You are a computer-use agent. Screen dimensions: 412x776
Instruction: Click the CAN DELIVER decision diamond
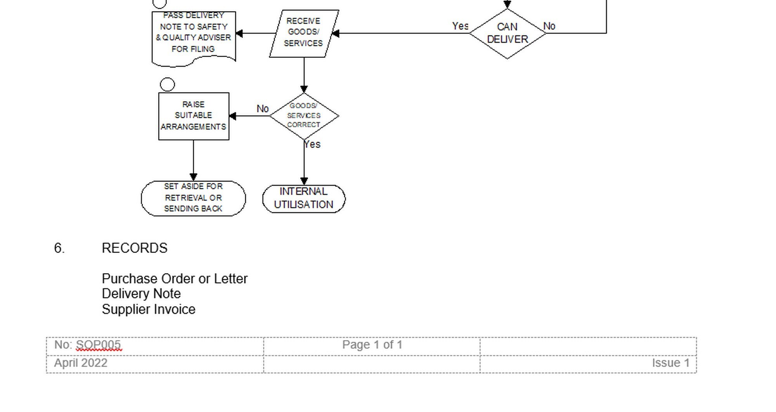tap(507, 33)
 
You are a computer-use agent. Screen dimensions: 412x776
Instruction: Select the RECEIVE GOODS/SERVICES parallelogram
tap(304, 33)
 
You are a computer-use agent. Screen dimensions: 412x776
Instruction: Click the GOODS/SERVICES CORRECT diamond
tap(304, 116)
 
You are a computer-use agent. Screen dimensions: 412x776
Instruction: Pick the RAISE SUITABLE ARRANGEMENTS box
tap(194, 116)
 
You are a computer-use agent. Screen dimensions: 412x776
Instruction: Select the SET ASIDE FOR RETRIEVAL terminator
tap(193, 198)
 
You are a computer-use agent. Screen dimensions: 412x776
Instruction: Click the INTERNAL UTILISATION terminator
tap(304, 198)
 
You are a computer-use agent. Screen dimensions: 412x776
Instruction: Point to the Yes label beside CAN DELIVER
tap(460, 26)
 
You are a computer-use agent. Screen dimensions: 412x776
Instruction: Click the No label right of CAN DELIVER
tap(549, 26)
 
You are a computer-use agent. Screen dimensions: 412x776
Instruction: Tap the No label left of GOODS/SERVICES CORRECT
tap(262, 109)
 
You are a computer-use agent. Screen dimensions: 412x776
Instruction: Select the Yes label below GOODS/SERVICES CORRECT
tap(312, 144)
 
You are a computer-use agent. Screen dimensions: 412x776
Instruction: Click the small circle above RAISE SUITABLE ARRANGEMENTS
tap(167, 84)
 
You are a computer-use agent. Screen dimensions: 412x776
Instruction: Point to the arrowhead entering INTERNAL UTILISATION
tap(304, 181)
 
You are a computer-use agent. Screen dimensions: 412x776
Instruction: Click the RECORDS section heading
tap(134, 248)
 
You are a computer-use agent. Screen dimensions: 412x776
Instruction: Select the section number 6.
tap(59, 248)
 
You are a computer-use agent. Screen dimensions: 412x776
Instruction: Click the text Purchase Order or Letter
tap(174, 279)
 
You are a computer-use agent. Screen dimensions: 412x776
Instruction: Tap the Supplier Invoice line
tap(148, 309)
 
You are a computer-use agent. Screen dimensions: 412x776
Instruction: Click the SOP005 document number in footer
tap(98, 344)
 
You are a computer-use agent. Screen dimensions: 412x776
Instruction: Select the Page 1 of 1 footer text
tap(372, 344)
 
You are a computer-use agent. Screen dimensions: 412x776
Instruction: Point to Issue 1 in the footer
tap(670, 363)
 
